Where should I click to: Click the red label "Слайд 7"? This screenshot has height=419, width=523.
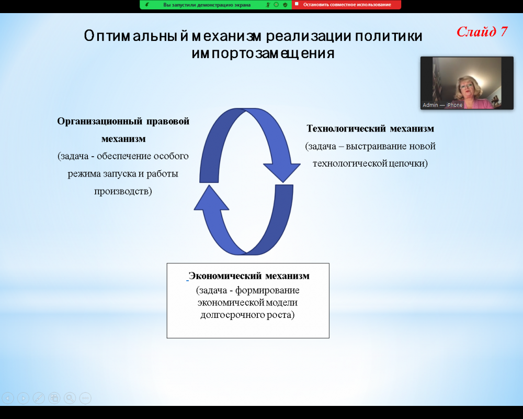[482, 32]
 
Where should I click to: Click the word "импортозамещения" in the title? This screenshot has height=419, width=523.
[263, 53]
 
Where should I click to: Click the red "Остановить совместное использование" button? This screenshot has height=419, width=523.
[347, 5]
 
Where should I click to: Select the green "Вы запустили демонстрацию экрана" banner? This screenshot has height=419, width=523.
[216, 5]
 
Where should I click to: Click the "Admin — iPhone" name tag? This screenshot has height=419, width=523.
[442, 105]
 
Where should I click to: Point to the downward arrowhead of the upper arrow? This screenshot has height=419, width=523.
[282, 172]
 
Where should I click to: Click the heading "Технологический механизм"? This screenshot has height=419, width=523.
[370, 129]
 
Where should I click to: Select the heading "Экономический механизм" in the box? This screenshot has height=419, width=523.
[249, 276]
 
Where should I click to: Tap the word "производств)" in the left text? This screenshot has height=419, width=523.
[123, 191]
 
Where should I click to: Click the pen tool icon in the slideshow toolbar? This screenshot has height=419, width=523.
[39, 398]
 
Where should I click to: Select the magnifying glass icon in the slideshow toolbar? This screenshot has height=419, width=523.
[70, 398]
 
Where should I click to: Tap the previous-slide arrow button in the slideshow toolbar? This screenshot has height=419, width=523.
[8, 398]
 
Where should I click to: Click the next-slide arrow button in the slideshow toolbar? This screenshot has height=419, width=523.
[23, 398]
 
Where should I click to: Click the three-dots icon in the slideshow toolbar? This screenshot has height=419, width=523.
[85, 398]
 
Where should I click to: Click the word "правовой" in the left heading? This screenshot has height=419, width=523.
[168, 121]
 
